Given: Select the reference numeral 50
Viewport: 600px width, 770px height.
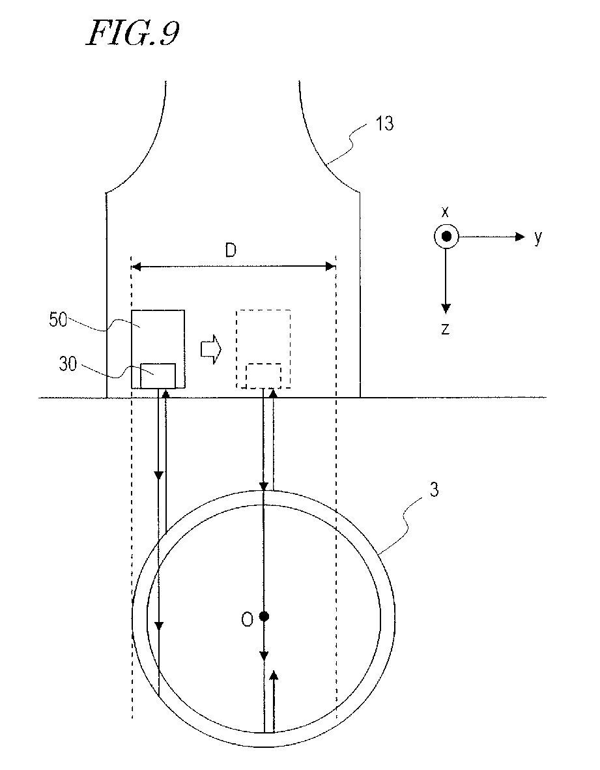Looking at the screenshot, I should click(59, 320).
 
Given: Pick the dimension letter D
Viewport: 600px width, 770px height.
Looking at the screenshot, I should click(231, 252).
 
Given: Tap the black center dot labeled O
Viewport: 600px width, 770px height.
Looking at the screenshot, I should click(263, 616).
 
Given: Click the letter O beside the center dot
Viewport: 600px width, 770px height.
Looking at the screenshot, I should click(247, 620).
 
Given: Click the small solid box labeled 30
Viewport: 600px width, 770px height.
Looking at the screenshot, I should click(158, 375).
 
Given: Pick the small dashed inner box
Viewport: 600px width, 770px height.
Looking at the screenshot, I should click(264, 376).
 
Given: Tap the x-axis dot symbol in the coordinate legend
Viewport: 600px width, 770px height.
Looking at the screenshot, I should click(446, 237).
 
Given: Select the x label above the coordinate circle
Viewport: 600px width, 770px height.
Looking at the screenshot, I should click(446, 212).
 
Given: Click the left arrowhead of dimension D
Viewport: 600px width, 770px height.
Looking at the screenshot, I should click(137, 266).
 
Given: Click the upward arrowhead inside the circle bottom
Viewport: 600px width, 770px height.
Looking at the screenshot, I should click(274, 676).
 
